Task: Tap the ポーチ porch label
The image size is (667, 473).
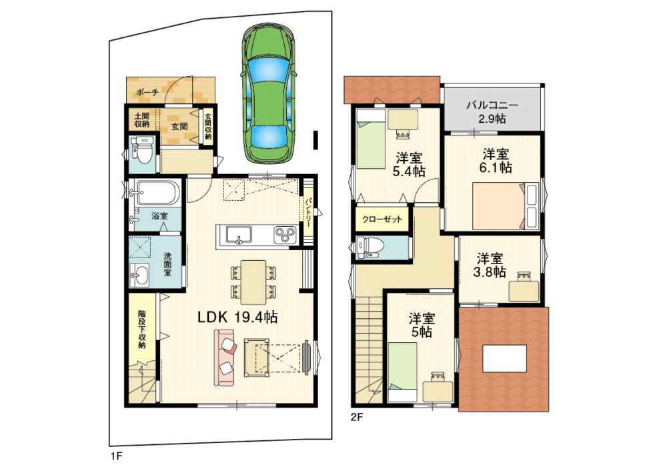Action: [x=147, y=93]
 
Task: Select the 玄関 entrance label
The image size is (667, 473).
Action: [x=178, y=126]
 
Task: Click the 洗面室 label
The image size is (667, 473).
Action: [x=168, y=264]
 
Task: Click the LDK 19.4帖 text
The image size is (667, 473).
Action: [x=237, y=318]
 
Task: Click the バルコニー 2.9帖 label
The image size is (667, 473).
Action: [x=492, y=112]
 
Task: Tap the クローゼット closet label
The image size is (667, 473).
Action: [x=382, y=219]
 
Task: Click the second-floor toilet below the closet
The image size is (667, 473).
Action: [x=370, y=247]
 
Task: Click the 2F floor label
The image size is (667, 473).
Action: [x=356, y=418]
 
